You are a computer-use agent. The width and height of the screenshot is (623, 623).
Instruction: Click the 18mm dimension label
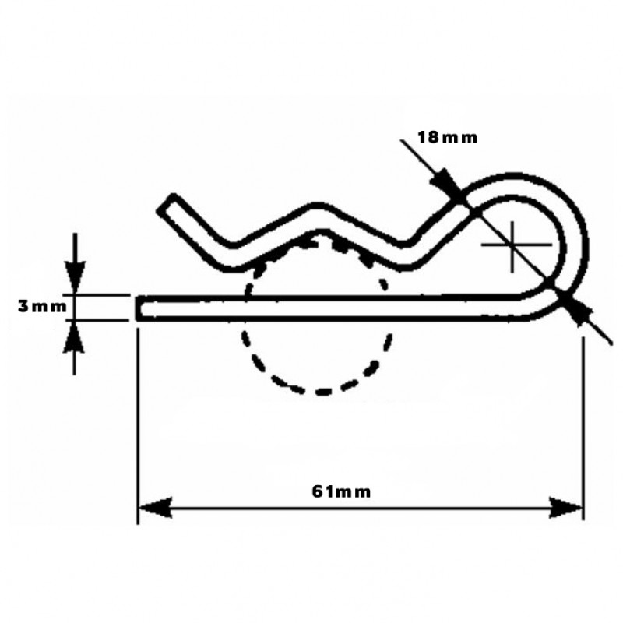pos(447,138)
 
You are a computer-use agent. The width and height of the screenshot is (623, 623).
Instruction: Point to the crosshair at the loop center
pos(512,245)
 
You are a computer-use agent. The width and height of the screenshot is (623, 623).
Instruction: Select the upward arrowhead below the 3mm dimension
pos(74,336)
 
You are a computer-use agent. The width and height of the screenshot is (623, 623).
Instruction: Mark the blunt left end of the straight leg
pos(140,308)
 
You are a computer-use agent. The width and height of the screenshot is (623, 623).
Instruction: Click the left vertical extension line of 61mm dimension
pos(138,421)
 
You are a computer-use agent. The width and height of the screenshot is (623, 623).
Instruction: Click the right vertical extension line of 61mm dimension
pos(583,421)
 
